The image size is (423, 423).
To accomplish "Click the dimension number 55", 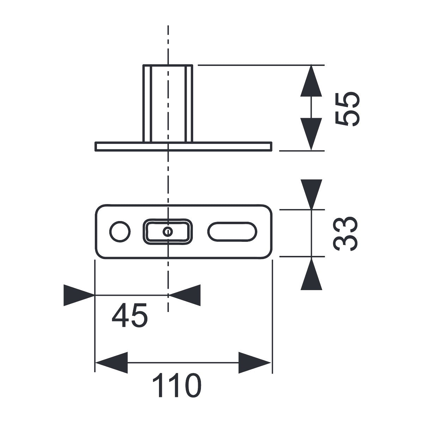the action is (x=347, y=109).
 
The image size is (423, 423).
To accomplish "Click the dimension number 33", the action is (x=345, y=234).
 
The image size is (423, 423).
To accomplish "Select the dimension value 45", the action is (x=129, y=315).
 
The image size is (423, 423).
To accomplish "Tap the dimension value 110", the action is (x=177, y=385).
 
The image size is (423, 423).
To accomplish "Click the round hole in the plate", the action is (x=120, y=232).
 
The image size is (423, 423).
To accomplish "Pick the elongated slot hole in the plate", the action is (x=232, y=232).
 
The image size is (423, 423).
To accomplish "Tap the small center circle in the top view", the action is (x=168, y=232).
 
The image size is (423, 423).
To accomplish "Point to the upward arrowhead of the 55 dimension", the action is (x=311, y=81).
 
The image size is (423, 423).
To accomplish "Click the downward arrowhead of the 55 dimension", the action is (x=311, y=134).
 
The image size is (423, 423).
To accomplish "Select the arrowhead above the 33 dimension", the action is (x=312, y=194).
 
